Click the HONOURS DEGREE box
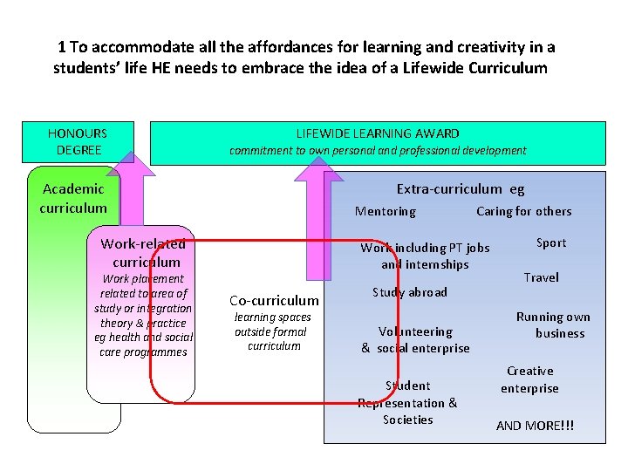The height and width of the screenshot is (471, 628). point(78,142)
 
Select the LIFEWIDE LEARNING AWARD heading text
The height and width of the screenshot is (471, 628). point(378,133)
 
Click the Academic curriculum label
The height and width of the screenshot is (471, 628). point(73,198)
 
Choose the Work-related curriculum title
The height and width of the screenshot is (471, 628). point(144,253)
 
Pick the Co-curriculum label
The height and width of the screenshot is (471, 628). point(274,300)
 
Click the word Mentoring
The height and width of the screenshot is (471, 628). point(385,211)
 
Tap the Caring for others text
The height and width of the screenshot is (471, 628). point(523,211)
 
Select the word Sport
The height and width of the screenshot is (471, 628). point(551,242)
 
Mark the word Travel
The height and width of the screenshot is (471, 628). point(541,277)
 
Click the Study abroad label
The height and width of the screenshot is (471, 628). point(409,292)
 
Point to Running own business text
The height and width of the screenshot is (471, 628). point(553,324)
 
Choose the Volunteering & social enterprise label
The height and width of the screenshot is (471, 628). point(415,339)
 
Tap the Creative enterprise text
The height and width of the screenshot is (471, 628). point(529,379)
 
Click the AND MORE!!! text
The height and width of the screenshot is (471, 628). point(536,426)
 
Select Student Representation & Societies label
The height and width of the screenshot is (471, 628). point(407,402)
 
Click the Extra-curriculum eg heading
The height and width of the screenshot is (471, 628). point(461,188)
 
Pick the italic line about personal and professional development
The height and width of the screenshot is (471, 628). point(378,150)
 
